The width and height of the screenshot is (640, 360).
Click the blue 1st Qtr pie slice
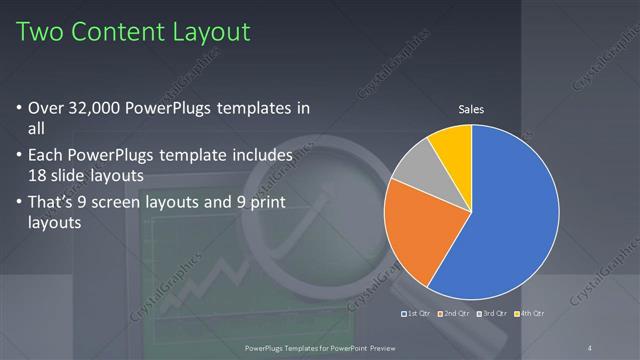coord(510,220)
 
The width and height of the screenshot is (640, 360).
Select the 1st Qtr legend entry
coord(416,314)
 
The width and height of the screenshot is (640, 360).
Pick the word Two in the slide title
coord(41,32)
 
